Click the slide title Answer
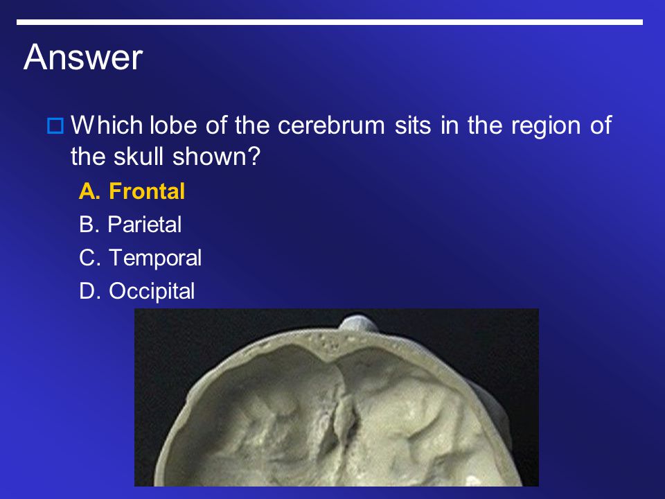pos(83,57)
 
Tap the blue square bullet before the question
pos(55,126)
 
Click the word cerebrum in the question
pos(331,125)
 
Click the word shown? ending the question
pos(216,156)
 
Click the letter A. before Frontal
pos(90,191)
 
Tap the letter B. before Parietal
pos(89,224)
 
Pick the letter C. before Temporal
pos(90,258)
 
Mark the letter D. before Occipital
pos(90,292)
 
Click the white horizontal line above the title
pos(330,22)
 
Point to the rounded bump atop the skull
pos(359,323)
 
